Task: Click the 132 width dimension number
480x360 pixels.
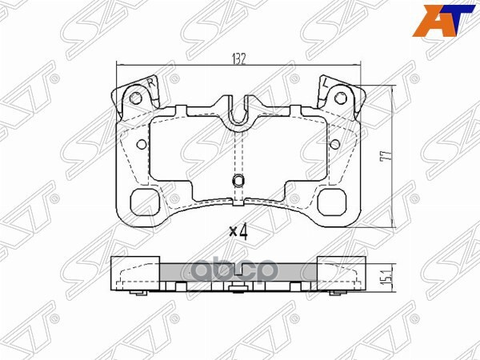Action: click(x=238, y=58)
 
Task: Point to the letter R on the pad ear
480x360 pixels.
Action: click(x=149, y=82)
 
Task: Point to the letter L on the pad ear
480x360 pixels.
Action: click(x=326, y=83)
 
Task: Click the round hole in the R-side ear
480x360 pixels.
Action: click(x=136, y=98)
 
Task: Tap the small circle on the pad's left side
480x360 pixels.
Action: click(x=142, y=145)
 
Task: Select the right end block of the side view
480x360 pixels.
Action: click(x=339, y=270)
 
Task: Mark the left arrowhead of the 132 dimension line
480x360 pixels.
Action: click(x=121, y=65)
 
